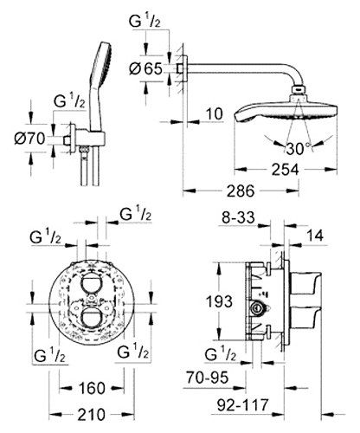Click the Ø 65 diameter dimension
(146, 68)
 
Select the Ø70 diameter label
(29, 139)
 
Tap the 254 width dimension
(285, 170)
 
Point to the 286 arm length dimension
(241, 191)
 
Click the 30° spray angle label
(298, 149)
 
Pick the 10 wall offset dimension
(215, 114)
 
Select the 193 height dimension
(219, 301)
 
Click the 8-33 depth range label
(238, 217)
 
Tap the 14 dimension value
(314, 236)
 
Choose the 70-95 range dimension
(207, 378)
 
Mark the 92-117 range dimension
(243, 405)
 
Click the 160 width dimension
(92, 388)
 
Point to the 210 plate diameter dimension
(92, 415)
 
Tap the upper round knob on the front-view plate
(91, 284)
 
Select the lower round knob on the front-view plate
(91, 319)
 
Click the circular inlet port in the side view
(256, 308)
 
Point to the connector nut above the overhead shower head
(299, 90)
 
